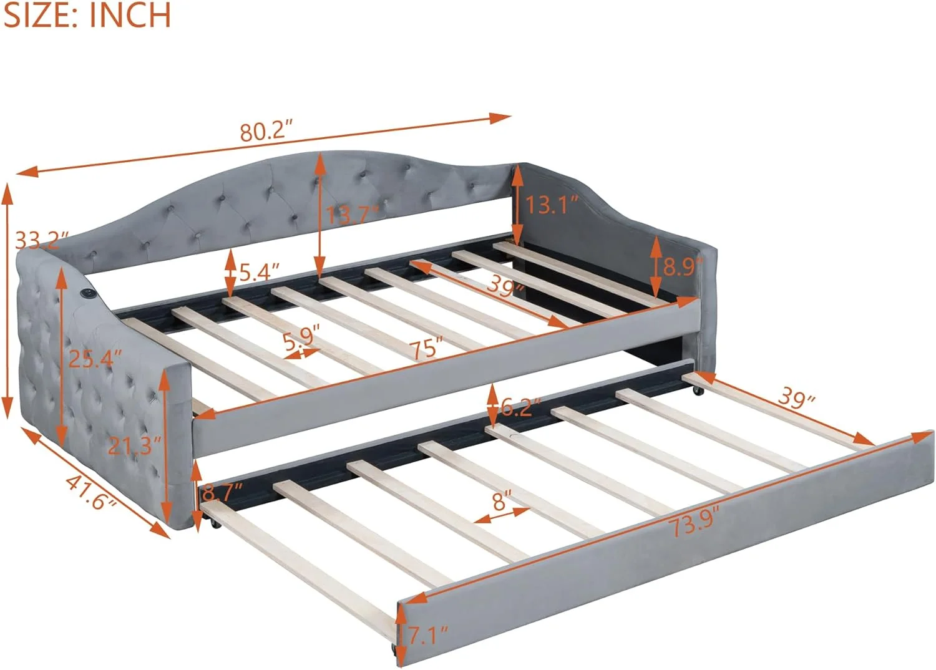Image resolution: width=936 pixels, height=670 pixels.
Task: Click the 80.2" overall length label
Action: [266, 131]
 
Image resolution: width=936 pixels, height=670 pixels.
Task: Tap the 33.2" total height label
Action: [42, 240]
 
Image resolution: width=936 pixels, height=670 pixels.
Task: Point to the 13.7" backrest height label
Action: [353, 215]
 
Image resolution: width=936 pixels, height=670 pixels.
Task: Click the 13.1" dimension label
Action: [552, 205]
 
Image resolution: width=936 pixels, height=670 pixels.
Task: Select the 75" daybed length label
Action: [426, 349]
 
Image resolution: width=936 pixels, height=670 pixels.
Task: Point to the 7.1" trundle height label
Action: [428, 636]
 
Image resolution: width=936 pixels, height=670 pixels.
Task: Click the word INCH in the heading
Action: [130, 16]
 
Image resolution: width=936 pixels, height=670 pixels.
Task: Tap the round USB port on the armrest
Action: [88, 293]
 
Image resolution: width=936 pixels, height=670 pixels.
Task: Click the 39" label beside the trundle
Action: [797, 400]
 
